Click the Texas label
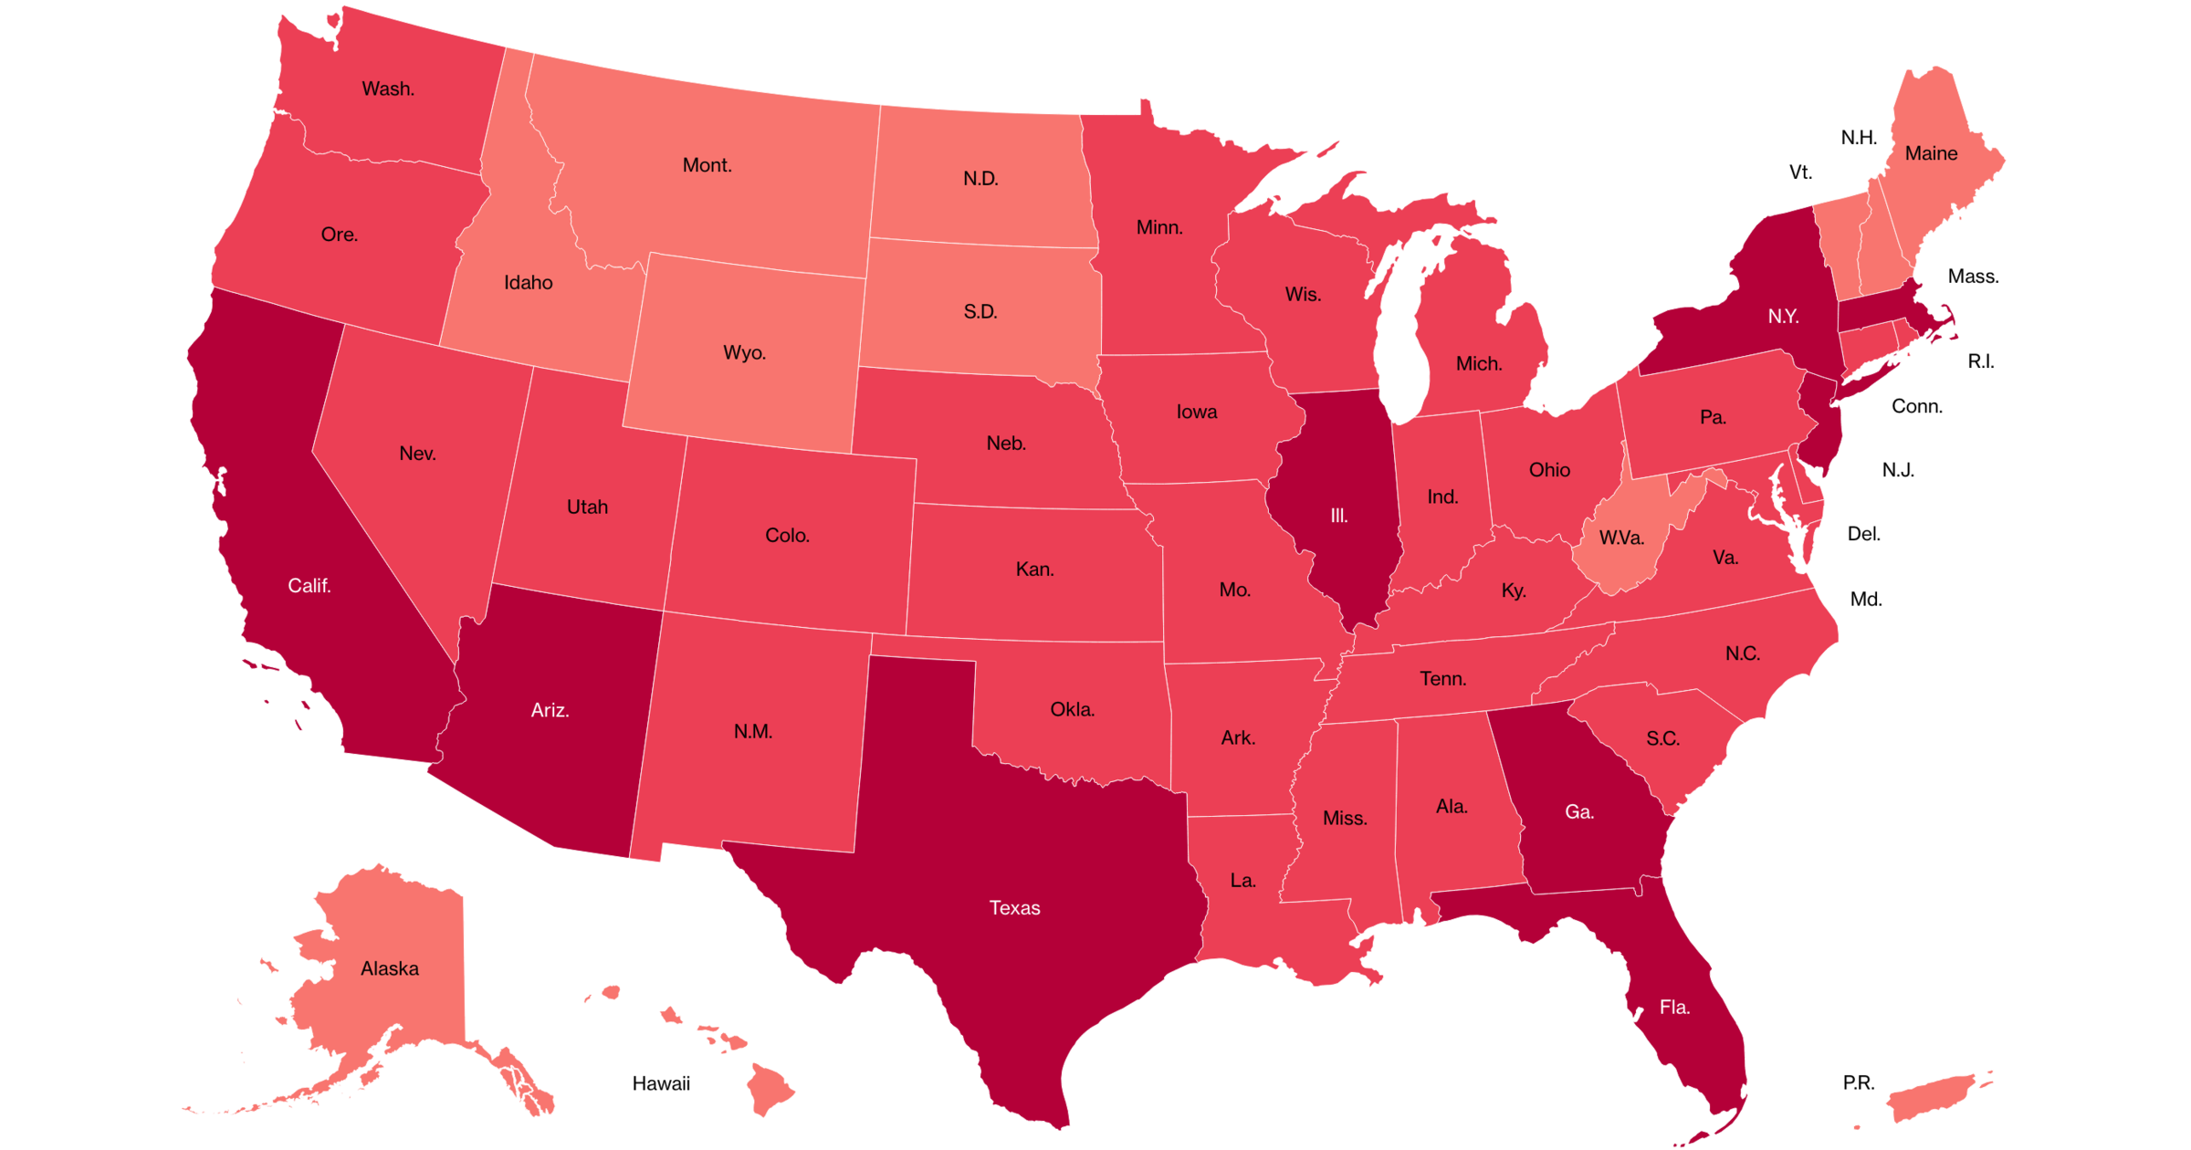coord(1014,908)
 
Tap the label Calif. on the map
coord(309,586)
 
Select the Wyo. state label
coord(744,353)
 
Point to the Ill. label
coord(1338,517)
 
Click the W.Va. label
coord(1621,538)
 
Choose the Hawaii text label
coord(661,1084)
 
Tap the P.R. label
coord(1858,1083)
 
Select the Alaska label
coord(390,969)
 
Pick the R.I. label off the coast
coord(1980,362)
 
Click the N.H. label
coord(1859,138)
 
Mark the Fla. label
coord(1674,1008)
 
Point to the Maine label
coord(1931,154)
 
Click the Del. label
coord(1863,534)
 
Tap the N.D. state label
coord(980,179)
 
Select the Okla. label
coord(1072,710)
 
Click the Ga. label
coord(1579,812)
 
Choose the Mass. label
coord(1973,277)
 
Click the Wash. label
coord(388,89)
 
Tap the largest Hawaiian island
coord(769,1088)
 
